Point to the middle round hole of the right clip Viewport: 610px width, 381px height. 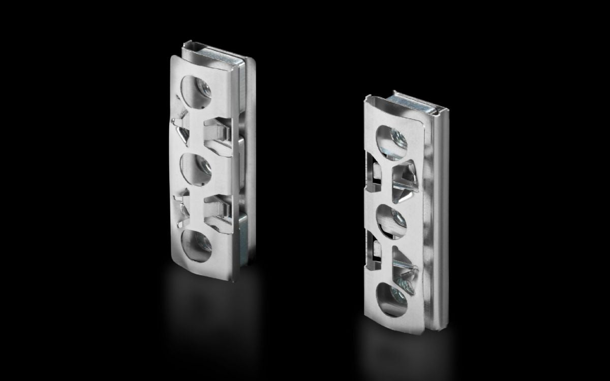pos(392,220)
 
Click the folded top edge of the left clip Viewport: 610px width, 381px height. pos(213,49)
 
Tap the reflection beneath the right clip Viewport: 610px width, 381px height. pos(396,351)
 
